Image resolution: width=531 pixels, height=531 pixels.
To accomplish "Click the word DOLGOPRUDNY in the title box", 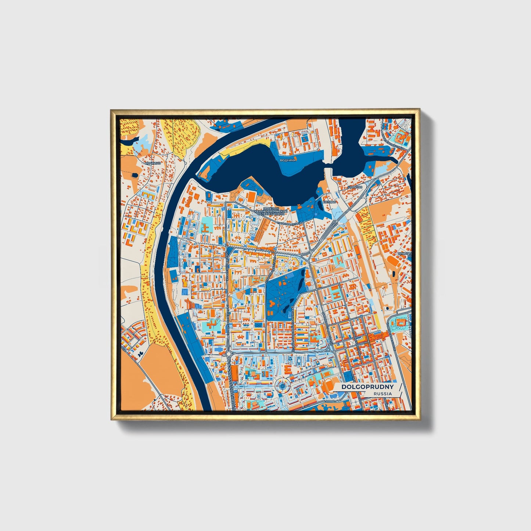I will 367,387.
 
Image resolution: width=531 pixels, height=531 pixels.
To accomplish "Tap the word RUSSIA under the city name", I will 382,394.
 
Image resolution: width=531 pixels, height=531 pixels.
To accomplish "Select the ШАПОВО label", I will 355,187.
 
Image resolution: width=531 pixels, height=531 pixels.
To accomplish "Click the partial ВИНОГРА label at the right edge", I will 404,254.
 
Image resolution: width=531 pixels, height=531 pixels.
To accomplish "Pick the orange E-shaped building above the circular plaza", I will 290,369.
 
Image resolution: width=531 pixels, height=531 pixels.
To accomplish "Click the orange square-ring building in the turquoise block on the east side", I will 401,322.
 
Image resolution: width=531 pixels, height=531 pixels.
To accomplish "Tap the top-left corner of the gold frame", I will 111,110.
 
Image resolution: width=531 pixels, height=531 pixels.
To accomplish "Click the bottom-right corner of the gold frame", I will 419,419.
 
